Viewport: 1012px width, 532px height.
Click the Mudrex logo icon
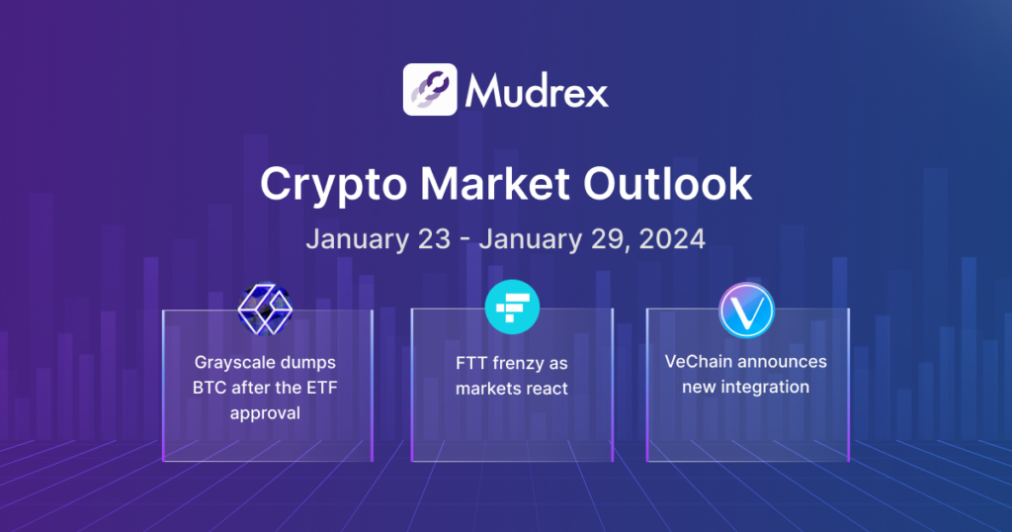point(430,90)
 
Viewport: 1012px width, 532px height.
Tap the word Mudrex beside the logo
point(537,91)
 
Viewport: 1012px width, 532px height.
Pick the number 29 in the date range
point(595,240)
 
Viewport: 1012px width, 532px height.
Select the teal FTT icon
point(512,308)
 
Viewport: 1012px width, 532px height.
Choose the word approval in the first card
point(265,412)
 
